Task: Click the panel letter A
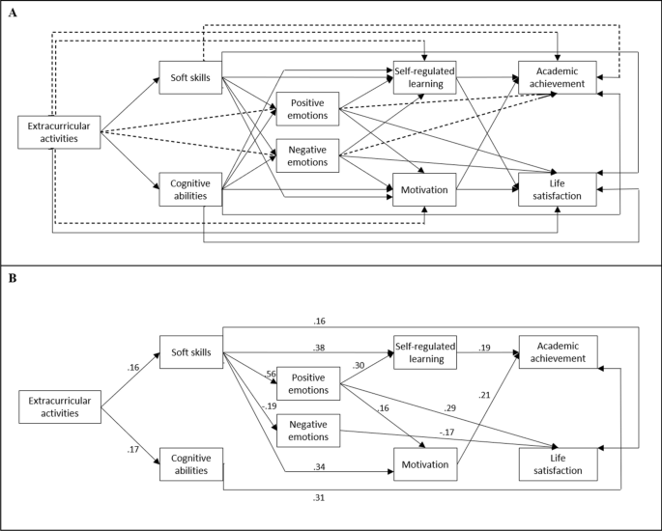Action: coord(13,13)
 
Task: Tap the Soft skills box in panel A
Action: coord(190,78)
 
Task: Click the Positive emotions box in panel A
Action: coord(307,109)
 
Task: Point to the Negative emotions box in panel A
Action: coord(307,154)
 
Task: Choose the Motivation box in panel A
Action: coord(423,189)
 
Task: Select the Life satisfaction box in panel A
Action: coord(557,188)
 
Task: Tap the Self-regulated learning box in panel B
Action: coord(423,351)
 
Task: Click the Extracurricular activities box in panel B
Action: coord(60,406)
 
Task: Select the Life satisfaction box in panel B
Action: coord(557,463)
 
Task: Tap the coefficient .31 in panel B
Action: coord(319,497)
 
